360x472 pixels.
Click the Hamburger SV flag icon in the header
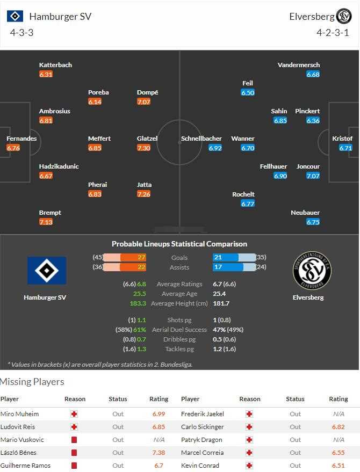15,16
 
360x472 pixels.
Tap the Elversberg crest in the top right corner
343,16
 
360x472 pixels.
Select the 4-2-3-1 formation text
333,33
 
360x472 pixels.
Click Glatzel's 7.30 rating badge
143,148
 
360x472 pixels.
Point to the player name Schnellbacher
201,139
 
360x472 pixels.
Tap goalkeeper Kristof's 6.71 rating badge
345,148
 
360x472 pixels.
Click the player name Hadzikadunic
59,166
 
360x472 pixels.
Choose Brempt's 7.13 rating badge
46,222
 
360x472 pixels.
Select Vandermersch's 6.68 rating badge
313,74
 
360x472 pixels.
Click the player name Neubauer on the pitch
305,213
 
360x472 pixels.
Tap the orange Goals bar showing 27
133,257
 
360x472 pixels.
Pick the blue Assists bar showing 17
225,267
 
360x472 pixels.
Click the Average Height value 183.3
138,303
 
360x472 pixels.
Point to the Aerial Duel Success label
179,329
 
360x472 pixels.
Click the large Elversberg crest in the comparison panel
312,271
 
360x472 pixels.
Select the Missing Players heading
32,382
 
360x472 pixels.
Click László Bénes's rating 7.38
159,453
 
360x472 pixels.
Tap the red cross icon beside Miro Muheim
74,414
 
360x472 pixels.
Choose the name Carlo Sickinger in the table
201,427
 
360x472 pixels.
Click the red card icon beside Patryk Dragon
249,440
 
